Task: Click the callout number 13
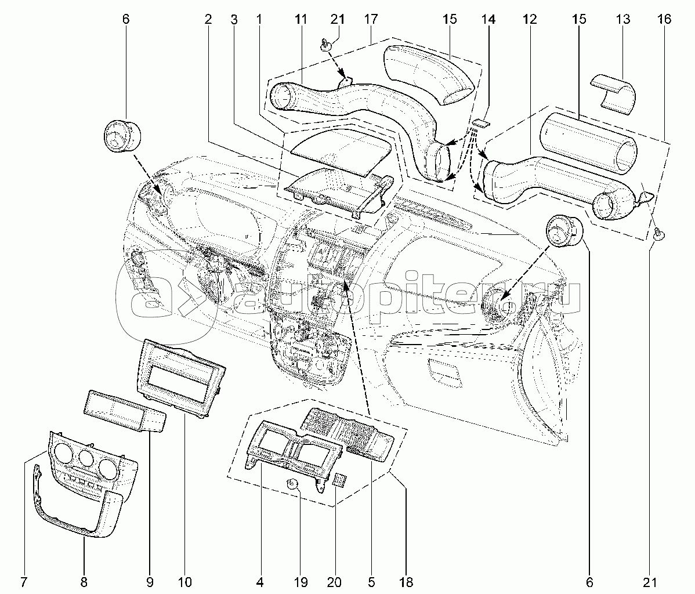(x=622, y=20)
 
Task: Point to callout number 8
(x=84, y=581)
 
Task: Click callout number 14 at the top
(x=488, y=20)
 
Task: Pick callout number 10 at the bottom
(x=186, y=581)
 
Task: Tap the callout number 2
(x=208, y=20)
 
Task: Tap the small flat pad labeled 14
(x=480, y=122)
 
